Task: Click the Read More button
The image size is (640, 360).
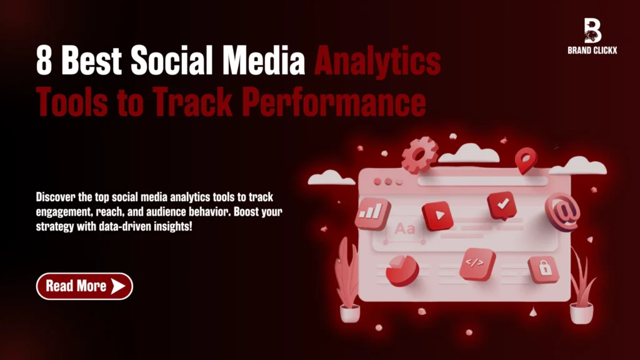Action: (84, 286)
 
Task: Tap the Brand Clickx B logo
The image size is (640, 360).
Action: (592, 31)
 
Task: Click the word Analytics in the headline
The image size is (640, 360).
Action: (377, 62)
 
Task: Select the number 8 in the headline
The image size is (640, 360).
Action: (44, 60)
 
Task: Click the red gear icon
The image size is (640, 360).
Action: (419, 155)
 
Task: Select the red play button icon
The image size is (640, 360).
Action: (437, 216)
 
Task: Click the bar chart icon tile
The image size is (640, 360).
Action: (372, 214)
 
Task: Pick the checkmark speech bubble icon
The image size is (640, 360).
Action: (502, 205)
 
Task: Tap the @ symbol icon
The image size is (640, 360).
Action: (563, 212)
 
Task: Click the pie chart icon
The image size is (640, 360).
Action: (402, 270)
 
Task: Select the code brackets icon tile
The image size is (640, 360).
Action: (477, 264)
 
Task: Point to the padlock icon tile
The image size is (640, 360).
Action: (544, 269)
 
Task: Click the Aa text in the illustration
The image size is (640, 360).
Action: (404, 229)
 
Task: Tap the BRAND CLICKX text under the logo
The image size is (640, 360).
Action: (592, 51)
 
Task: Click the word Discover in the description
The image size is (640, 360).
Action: (56, 197)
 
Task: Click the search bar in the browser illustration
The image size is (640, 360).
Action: (482, 181)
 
